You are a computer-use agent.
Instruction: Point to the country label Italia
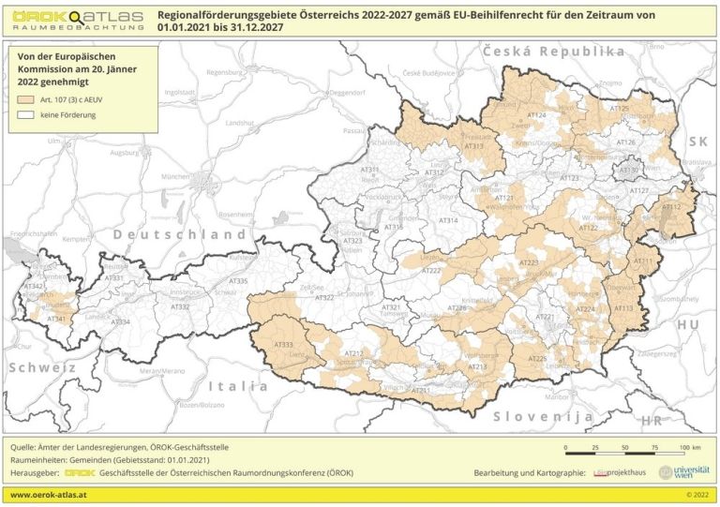237,385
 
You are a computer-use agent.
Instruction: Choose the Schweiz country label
42,367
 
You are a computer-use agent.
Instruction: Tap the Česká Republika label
553,52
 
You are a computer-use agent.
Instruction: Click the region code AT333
282,346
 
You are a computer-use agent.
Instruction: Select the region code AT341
56,319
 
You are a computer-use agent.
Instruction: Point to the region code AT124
536,115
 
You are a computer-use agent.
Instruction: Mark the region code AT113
623,307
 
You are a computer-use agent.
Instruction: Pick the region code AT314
449,220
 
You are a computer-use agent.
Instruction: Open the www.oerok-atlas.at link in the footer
49,494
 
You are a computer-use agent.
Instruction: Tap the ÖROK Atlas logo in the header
78,20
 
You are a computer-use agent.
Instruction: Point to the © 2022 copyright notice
696,494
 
